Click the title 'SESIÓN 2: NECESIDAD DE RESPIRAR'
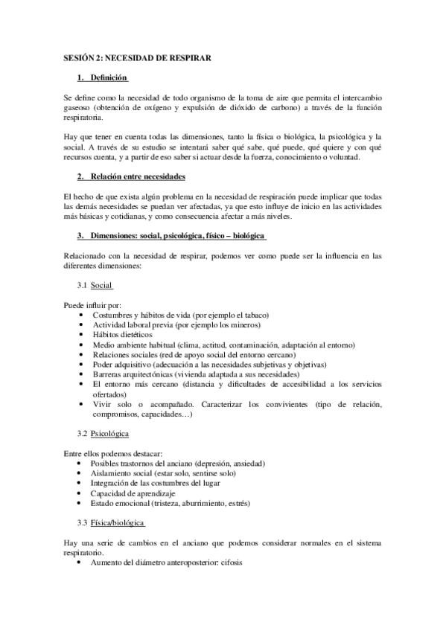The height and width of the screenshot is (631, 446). (x=138, y=57)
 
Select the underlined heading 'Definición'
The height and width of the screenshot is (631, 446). (x=109, y=77)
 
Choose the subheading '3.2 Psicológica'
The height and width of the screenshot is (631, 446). (x=103, y=432)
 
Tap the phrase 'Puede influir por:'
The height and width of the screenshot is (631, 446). (x=93, y=305)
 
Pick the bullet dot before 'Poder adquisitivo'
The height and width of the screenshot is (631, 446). (x=80, y=365)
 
